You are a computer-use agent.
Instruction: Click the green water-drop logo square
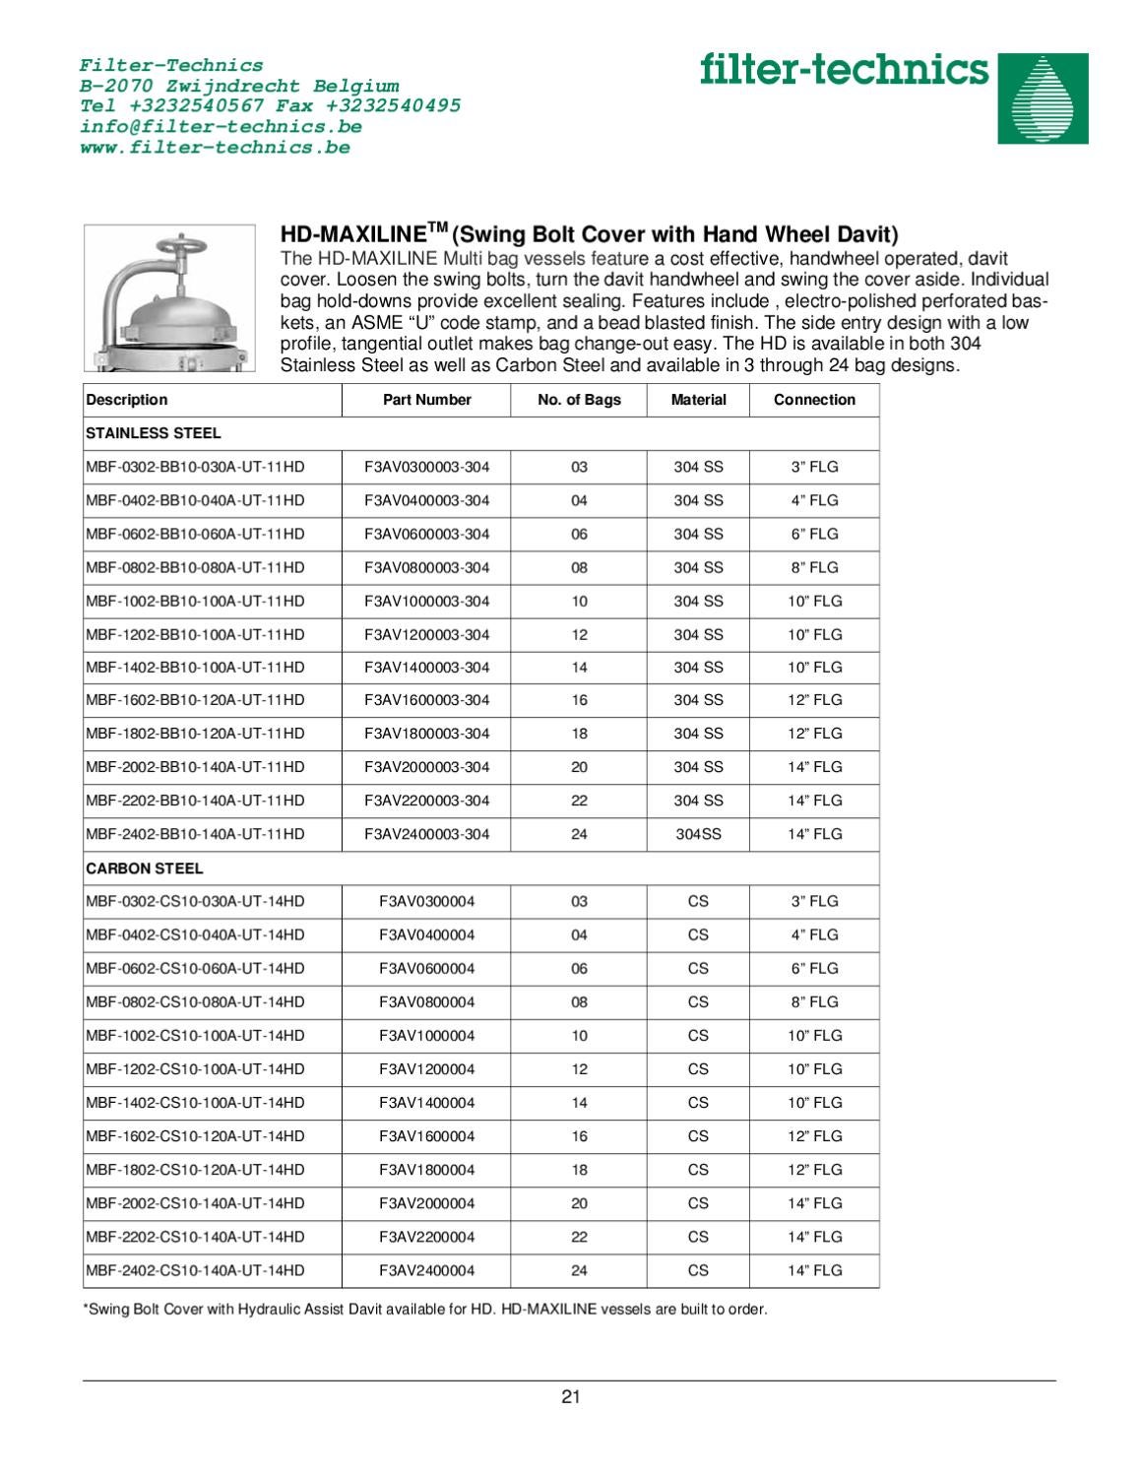pyautogui.click(x=1043, y=98)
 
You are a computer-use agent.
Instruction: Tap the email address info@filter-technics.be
pyautogui.click(x=220, y=127)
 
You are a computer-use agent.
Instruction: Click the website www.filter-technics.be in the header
pyautogui.click(x=214, y=148)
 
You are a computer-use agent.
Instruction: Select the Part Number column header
pyautogui.click(x=426, y=400)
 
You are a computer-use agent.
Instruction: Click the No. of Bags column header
pyautogui.click(x=579, y=400)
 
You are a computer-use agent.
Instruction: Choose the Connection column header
pyautogui.click(x=814, y=400)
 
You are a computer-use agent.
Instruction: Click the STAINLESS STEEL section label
pyautogui.click(x=154, y=433)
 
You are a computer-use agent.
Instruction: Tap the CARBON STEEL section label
pyautogui.click(x=145, y=868)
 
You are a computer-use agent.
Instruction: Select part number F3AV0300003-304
pyautogui.click(x=426, y=467)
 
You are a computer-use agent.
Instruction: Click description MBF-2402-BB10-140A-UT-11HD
pyautogui.click(x=195, y=834)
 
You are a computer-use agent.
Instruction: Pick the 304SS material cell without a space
pyautogui.click(x=698, y=834)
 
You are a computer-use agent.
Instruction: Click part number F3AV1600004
pyautogui.click(x=426, y=1136)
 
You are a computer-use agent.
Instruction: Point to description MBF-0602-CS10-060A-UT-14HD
pyautogui.click(x=195, y=968)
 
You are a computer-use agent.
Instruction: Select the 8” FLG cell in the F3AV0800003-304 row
pyautogui.click(x=814, y=567)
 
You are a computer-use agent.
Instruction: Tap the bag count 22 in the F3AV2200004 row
pyautogui.click(x=579, y=1237)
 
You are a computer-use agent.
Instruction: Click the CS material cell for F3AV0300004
pyautogui.click(x=698, y=901)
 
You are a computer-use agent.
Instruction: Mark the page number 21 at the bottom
pyautogui.click(x=570, y=1396)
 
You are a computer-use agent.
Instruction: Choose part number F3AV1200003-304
pyautogui.click(x=426, y=634)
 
